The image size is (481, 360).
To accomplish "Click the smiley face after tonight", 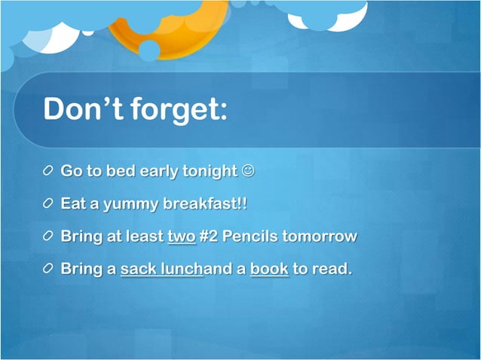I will pos(248,171).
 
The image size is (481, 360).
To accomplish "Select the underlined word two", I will pos(181,236).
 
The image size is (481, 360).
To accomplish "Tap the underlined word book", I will pos(269,269).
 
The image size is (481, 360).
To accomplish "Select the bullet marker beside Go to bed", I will pos(49,172).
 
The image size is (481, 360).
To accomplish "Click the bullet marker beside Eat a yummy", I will pos(49,204).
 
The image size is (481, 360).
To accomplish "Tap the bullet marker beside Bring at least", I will pos(49,236).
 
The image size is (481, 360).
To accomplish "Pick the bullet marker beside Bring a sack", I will pos(49,269).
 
